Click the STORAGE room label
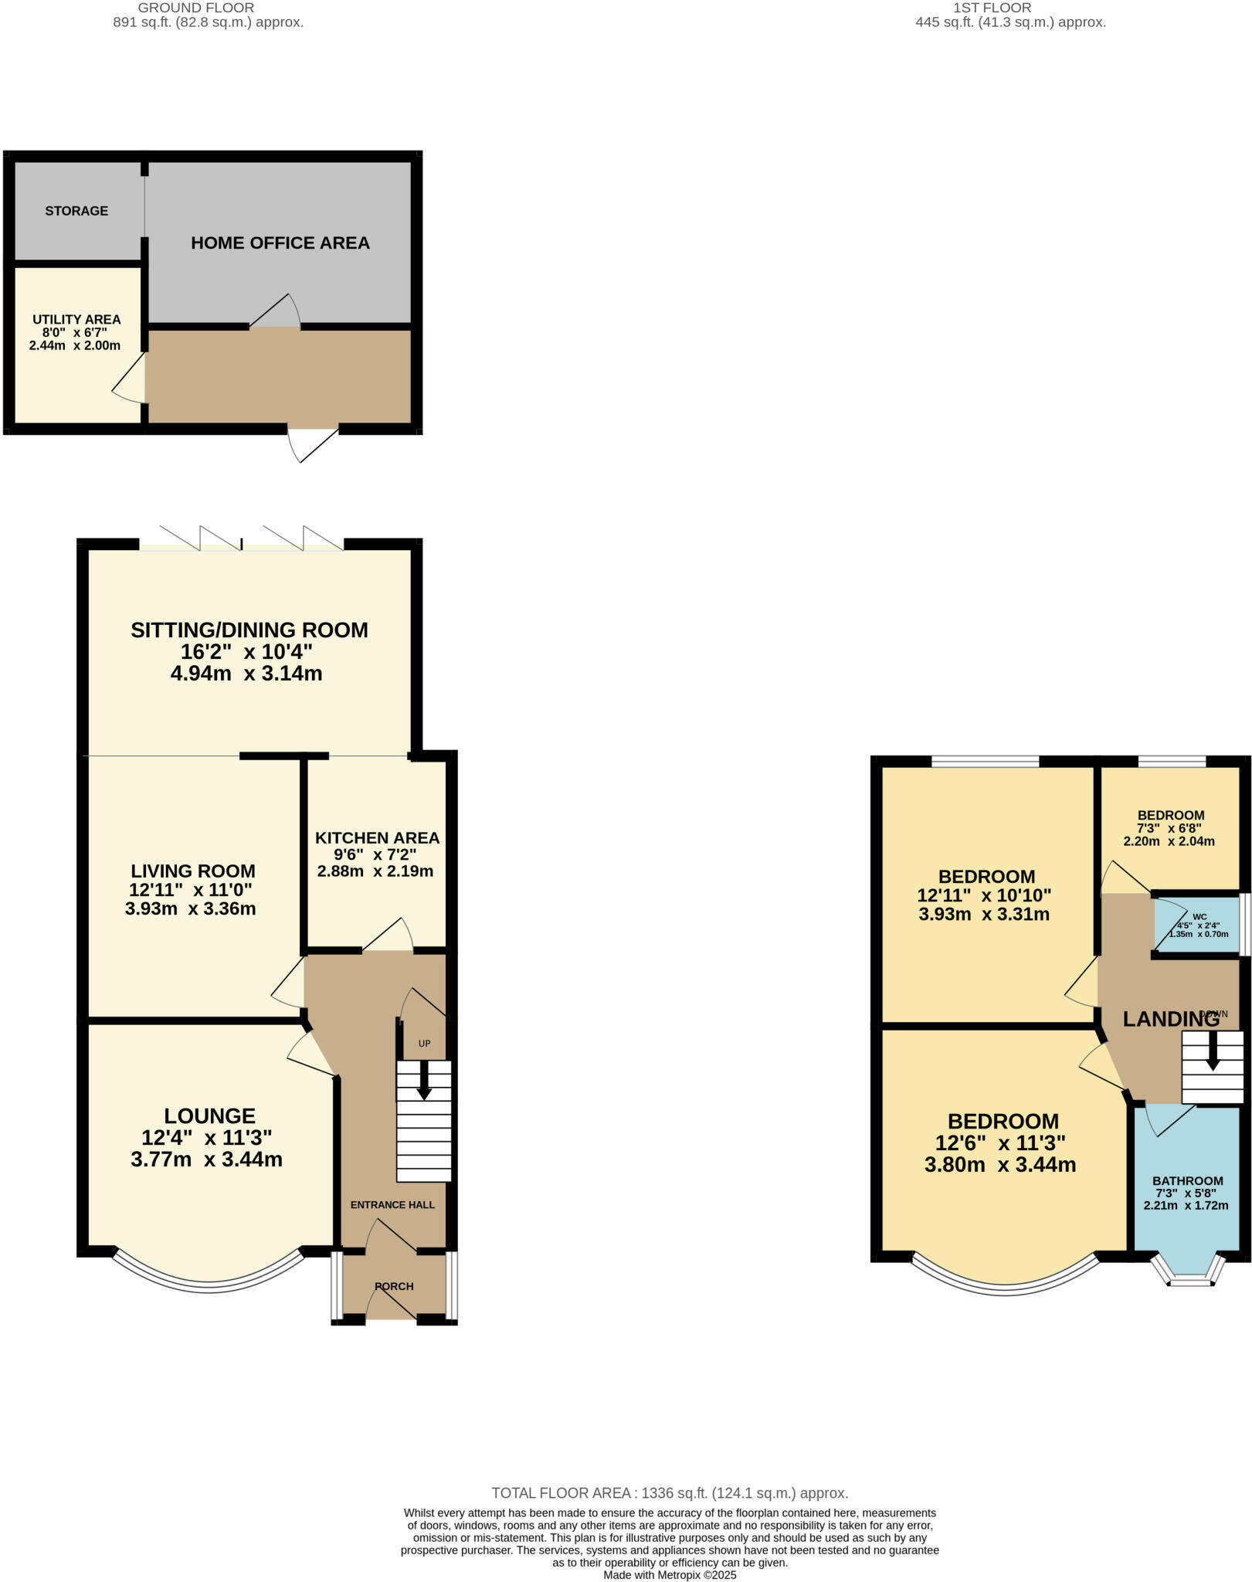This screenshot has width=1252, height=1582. coord(76,211)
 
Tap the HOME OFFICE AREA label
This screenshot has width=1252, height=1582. coord(280,243)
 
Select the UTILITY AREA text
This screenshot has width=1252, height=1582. coord(76,319)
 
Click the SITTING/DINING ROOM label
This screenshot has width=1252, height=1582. coord(249,630)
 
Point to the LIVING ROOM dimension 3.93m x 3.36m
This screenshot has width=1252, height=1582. coord(190,908)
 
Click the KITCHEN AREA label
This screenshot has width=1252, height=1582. coord(377,837)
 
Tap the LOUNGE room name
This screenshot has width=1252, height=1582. coord(209,1115)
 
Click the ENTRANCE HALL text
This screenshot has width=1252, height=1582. coord(392,1204)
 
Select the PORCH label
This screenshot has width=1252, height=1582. coord(394,1286)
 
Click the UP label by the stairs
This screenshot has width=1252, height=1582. coord(424,1044)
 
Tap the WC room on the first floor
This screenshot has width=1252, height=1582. coord(1198,924)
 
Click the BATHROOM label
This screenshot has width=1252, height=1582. coord(1187,1180)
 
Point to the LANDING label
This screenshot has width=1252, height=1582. coord(1170,1019)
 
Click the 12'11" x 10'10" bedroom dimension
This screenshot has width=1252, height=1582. coord(984,895)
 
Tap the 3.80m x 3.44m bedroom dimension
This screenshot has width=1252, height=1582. coord(1000,1165)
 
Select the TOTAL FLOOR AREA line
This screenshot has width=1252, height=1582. coord(670,1493)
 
